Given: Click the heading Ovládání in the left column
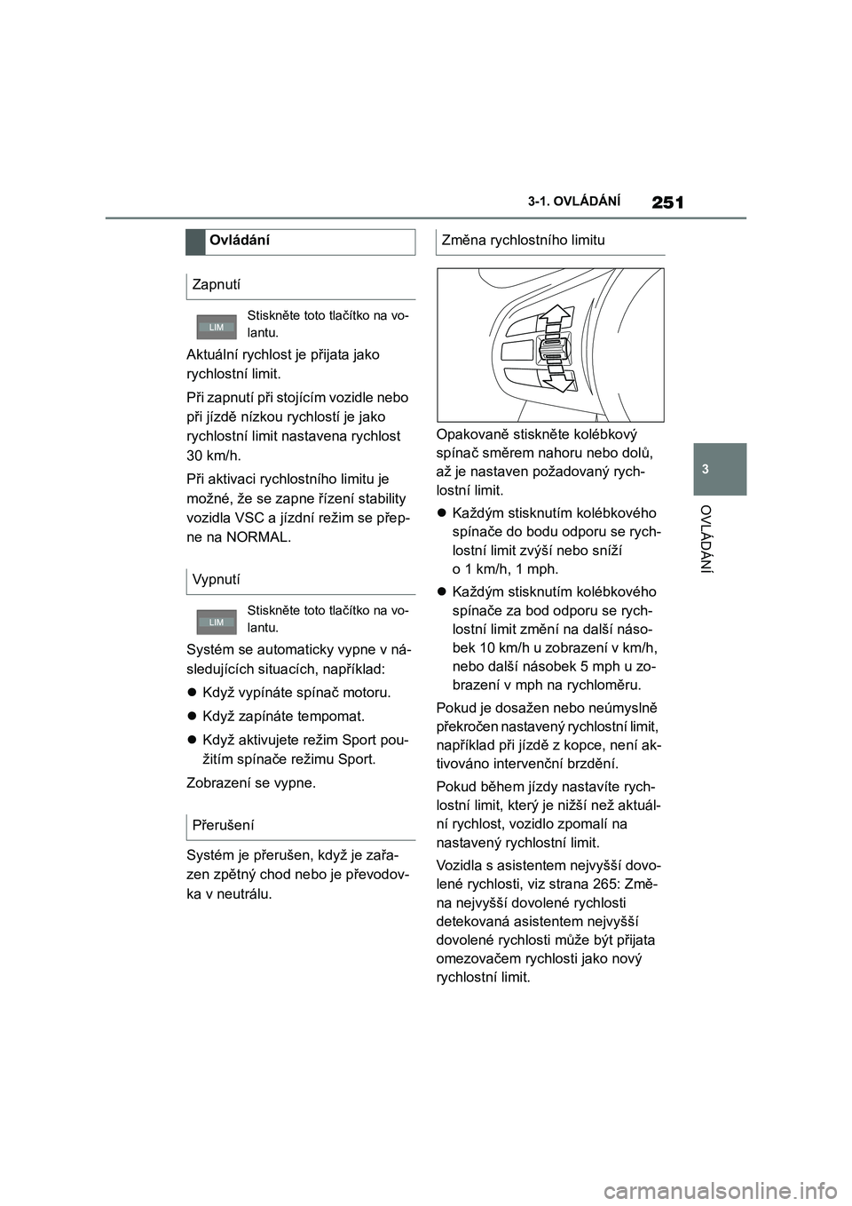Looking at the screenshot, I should coord(241,241).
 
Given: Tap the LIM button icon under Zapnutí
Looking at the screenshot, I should coord(216,328).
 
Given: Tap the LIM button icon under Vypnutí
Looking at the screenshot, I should coord(216,623).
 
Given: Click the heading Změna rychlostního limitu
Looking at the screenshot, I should coord(523,240).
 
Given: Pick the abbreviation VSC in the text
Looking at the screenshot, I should coord(252,518).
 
